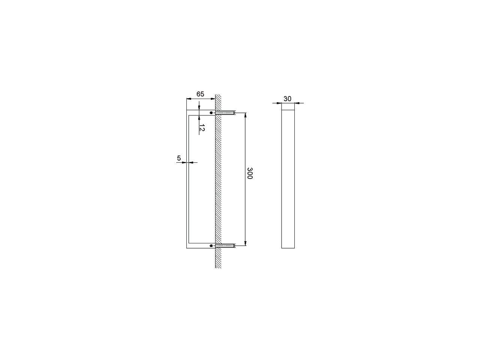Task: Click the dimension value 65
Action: pos(200,94)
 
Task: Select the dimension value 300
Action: pos(250,173)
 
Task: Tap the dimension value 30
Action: pos(287,99)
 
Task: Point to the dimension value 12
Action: pos(202,127)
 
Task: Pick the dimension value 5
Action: pos(179,158)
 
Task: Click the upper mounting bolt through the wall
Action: pos(225,113)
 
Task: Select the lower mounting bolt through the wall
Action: pos(225,246)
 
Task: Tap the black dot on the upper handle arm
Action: pos(211,113)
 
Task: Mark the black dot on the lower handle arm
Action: pos(211,246)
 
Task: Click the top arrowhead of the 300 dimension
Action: pos(245,115)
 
